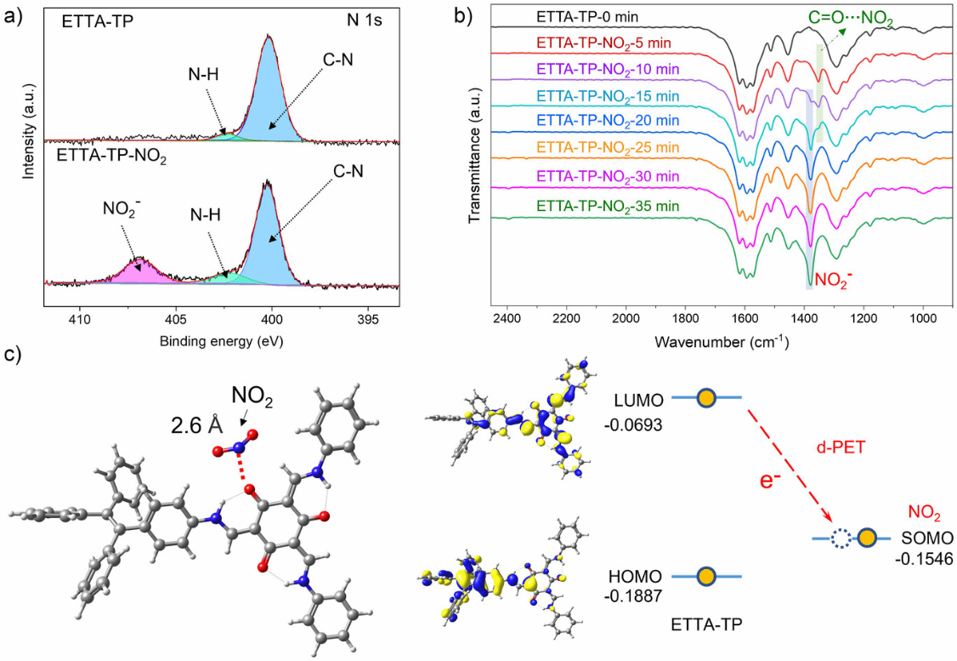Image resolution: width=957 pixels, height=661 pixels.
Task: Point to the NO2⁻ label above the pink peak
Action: (120, 209)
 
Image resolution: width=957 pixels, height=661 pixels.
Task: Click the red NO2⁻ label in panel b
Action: (837, 278)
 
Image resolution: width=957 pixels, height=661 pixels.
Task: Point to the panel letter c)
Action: (12, 354)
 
